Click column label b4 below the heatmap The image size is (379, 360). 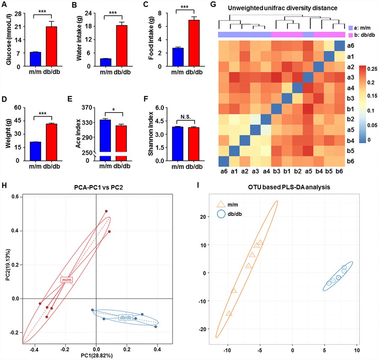click(x=318, y=171)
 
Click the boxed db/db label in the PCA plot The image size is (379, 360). click(x=126, y=317)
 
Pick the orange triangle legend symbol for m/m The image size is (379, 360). click(x=220, y=204)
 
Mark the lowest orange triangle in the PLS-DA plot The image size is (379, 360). click(x=229, y=313)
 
